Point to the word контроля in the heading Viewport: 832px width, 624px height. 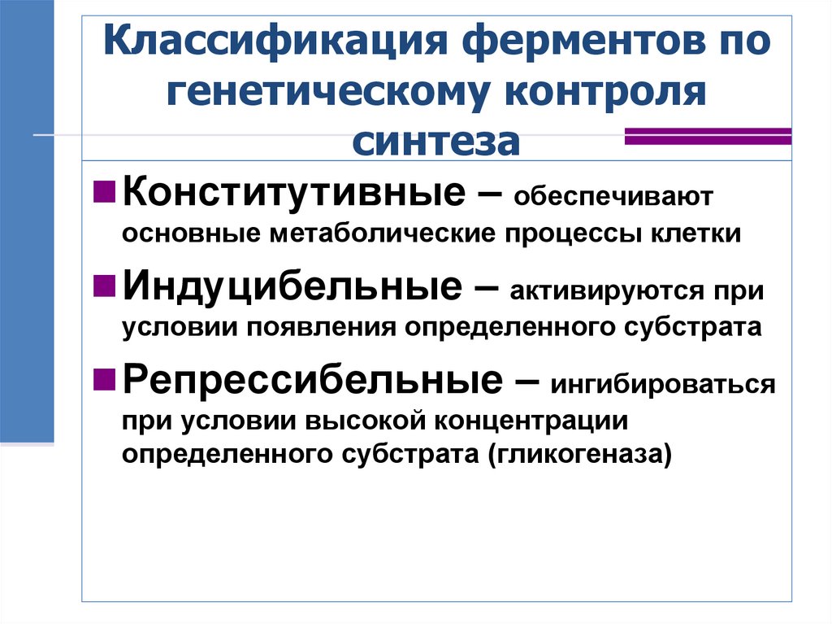(609, 91)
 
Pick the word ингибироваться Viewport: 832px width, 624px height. (663, 383)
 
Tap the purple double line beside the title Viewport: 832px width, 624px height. (707, 135)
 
